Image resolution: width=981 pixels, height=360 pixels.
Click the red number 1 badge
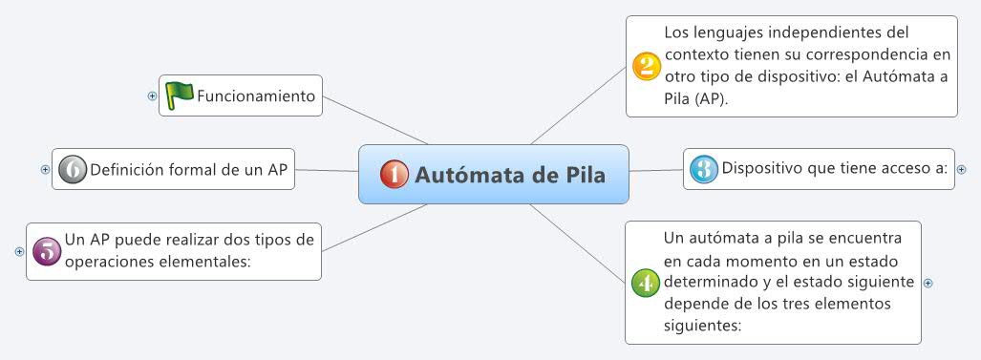coord(394,174)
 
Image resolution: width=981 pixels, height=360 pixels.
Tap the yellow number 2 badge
coord(646,65)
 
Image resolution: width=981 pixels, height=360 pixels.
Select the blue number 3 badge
coord(703,169)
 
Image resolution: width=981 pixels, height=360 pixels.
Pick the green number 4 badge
coord(646,282)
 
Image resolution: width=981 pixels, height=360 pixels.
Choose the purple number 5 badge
coord(46,250)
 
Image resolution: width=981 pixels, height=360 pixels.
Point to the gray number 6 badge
coord(72,169)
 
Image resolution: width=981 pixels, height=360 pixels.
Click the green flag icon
coord(179,95)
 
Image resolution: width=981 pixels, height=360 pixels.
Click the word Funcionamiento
coord(255,95)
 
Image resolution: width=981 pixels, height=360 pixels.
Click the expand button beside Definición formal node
coord(45,169)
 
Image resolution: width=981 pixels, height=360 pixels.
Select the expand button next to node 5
coord(19,251)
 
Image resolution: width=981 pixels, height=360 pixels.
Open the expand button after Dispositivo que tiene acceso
coord(961,169)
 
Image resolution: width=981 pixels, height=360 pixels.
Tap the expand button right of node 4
coord(928,283)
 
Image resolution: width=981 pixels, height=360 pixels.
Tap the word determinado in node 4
coord(709,282)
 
